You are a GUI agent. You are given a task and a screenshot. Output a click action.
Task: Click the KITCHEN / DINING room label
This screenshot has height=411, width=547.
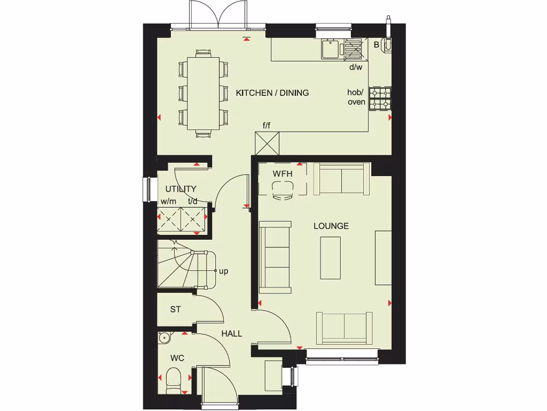tap(272, 93)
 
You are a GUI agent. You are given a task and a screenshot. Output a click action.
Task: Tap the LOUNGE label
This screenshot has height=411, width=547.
tap(331, 226)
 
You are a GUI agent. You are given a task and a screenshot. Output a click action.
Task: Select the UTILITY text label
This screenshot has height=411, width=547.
tap(181, 189)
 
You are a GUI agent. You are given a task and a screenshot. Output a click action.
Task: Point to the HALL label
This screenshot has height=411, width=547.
tap(232, 333)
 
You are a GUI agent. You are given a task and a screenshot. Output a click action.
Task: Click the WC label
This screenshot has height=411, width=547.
tap(177, 357)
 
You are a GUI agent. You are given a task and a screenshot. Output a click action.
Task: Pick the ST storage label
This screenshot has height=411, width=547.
tap(175, 309)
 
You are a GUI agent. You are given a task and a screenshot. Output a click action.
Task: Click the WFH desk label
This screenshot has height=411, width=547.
tap(283, 174)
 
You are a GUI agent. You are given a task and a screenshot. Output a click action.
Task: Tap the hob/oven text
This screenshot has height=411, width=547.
tap(356, 97)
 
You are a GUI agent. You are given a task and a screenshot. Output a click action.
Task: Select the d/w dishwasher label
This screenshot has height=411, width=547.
tap(356, 67)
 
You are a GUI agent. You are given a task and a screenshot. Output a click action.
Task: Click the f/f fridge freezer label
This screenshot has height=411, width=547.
tap(267, 126)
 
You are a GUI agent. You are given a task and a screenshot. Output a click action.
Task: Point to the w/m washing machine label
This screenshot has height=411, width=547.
tap(168, 202)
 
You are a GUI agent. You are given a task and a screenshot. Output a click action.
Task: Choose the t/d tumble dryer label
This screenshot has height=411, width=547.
tap(193, 202)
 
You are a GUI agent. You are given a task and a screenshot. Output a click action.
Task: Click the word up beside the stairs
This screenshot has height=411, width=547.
tap(224, 271)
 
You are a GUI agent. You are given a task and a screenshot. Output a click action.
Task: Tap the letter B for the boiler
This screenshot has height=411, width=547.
tap(376, 45)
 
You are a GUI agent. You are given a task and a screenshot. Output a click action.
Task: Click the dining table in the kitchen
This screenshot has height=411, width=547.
tap(204, 92)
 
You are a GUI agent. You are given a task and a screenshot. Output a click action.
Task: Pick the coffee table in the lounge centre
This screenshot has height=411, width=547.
tap(331, 258)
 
